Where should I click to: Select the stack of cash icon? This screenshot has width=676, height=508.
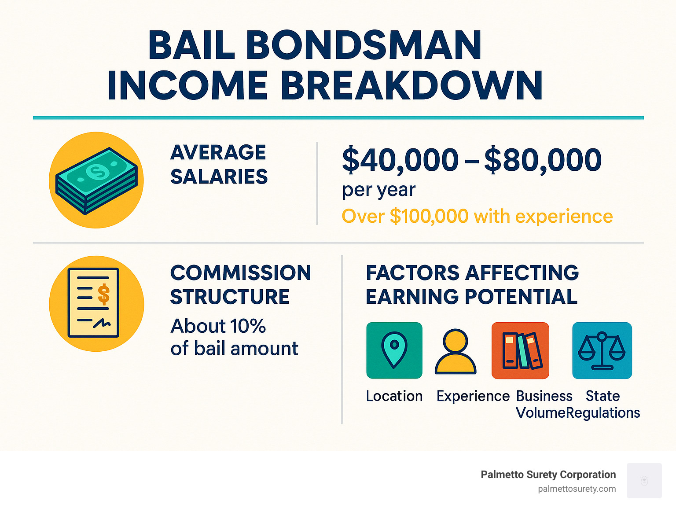tap(96, 180)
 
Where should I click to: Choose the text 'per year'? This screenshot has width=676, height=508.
tap(378, 190)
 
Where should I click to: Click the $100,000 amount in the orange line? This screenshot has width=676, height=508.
tap(429, 217)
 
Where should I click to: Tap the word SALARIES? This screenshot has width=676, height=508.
tap(219, 177)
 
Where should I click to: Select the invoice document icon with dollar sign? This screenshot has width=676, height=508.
tap(94, 303)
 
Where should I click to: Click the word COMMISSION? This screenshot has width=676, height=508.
tap(240, 273)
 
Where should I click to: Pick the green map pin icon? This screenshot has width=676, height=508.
tap(394, 350)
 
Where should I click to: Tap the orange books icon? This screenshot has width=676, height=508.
tap(520, 350)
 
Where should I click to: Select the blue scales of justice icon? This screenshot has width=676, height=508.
tap(602, 350)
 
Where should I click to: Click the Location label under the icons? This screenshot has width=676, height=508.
tap(394, 396)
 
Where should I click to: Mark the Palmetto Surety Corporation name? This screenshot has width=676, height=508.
tap(548, 475)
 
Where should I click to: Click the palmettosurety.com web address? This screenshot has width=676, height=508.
tap(577, 489)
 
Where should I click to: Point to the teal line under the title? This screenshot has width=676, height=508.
tap(338, 118)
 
